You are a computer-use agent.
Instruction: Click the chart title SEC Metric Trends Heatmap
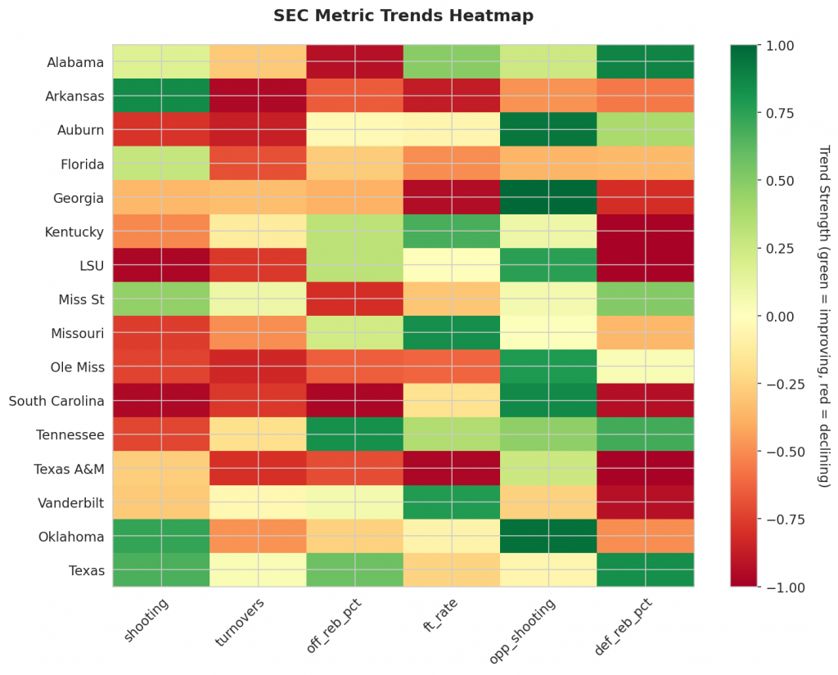point(403,16)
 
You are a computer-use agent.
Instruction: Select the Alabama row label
point(75,62)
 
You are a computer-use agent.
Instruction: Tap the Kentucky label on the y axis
point(74,232)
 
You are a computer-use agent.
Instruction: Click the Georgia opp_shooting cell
point(548,198)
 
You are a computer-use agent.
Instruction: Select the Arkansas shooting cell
point(161,96)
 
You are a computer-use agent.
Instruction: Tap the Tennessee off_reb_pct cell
point(355,434)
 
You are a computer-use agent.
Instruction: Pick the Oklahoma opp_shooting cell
point(548,536)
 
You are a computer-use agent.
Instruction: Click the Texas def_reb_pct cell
point(646,570)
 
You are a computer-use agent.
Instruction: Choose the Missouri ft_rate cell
point(452,333)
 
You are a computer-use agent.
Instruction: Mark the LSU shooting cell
point(161,265)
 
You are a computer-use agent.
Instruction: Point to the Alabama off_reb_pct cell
point(355,62)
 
